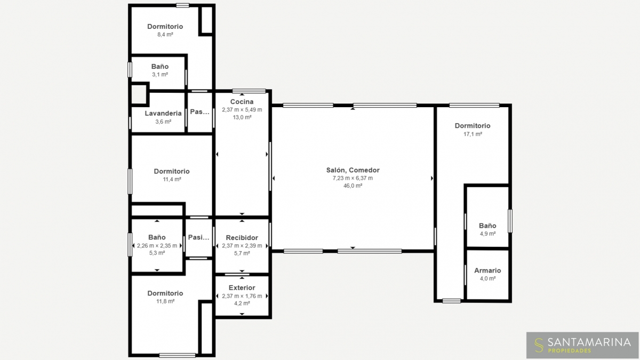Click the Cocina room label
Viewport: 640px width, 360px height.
242,102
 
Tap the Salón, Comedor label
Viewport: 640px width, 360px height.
353,170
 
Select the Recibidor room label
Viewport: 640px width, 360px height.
242,238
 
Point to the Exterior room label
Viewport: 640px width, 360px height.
242,287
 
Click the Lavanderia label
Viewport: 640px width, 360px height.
163,114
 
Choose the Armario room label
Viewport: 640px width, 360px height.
487,270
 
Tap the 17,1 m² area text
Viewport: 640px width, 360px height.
473,134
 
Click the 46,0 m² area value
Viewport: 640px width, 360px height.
353,186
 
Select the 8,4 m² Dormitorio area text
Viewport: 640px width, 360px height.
165,35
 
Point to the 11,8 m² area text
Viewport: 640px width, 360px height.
165,301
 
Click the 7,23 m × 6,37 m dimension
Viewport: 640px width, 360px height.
353,178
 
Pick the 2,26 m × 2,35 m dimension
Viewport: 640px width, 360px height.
157,246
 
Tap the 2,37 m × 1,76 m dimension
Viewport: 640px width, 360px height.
242,296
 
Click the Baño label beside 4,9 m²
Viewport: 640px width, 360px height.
487,226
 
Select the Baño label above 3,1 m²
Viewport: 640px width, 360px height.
159,67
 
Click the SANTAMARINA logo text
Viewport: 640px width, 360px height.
589,342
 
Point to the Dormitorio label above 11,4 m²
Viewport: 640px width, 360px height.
172,171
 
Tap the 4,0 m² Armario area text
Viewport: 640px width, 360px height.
487,278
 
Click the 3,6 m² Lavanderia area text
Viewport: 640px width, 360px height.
163,122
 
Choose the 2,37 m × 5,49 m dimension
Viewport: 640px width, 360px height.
242,110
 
